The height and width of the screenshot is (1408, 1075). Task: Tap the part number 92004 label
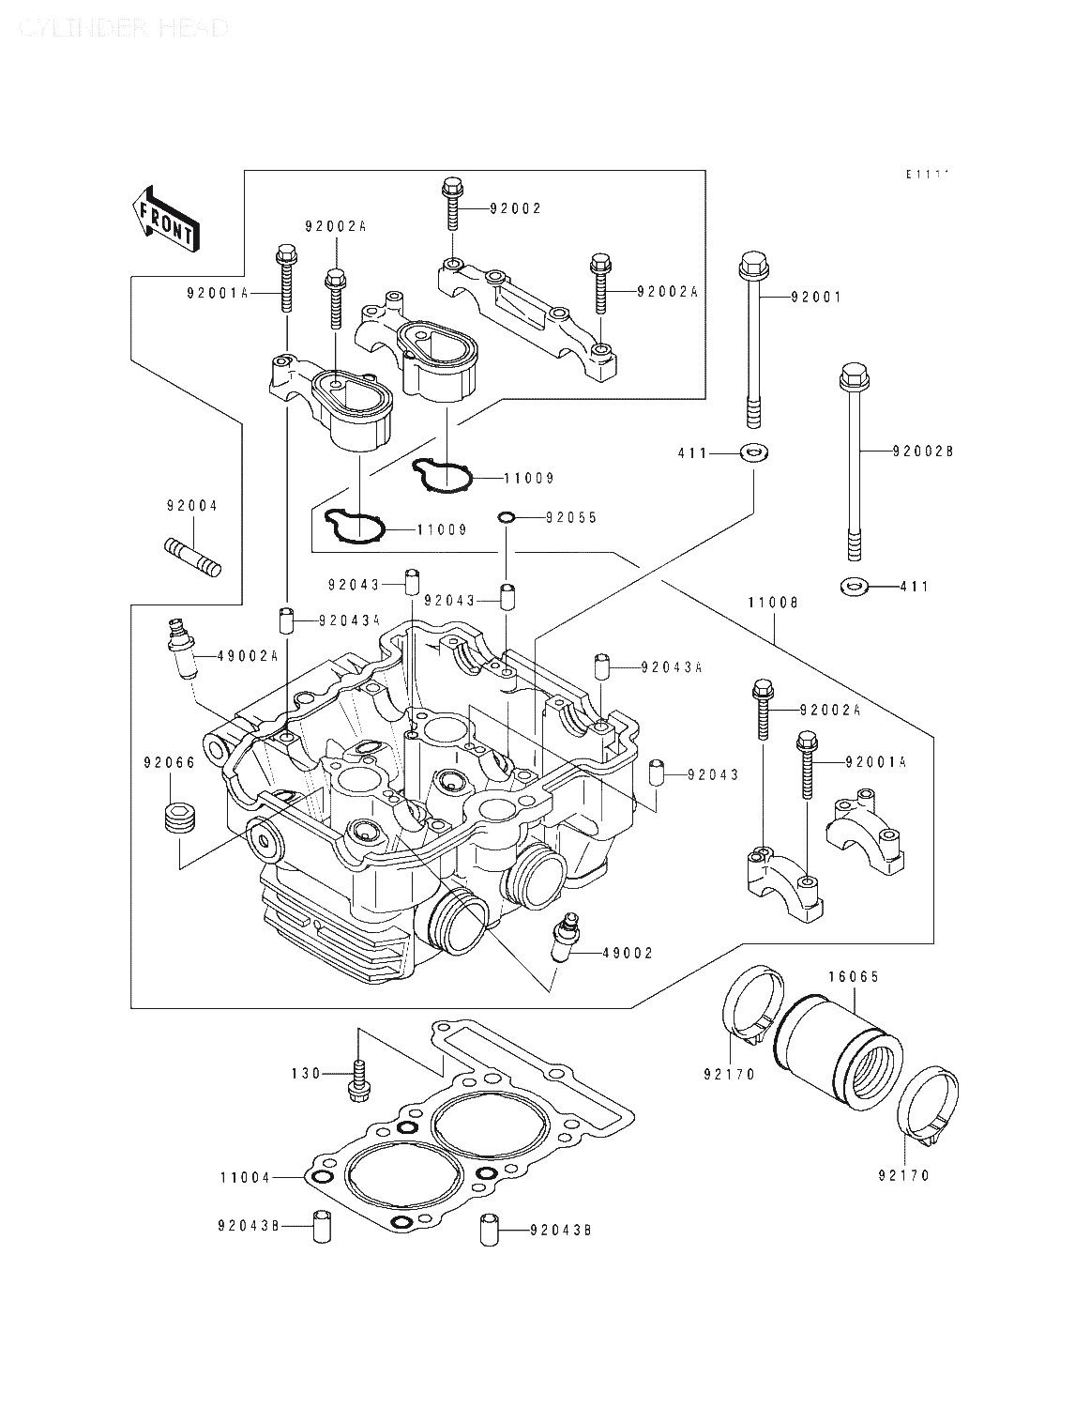192,506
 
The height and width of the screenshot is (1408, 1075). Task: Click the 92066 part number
169,763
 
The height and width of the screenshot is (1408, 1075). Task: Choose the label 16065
853,976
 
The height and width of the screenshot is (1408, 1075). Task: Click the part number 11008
773,604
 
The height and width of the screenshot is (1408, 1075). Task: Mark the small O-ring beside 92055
506,517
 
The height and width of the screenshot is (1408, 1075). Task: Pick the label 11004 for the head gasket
246,1177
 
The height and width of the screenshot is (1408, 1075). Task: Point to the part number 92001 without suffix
816,298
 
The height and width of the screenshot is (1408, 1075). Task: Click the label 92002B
923,451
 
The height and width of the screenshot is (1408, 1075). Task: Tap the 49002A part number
247,656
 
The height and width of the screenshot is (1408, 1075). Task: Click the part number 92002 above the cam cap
515,208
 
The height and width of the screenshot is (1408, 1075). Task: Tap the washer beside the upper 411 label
752,453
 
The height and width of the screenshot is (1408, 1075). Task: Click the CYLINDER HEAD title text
123,28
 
